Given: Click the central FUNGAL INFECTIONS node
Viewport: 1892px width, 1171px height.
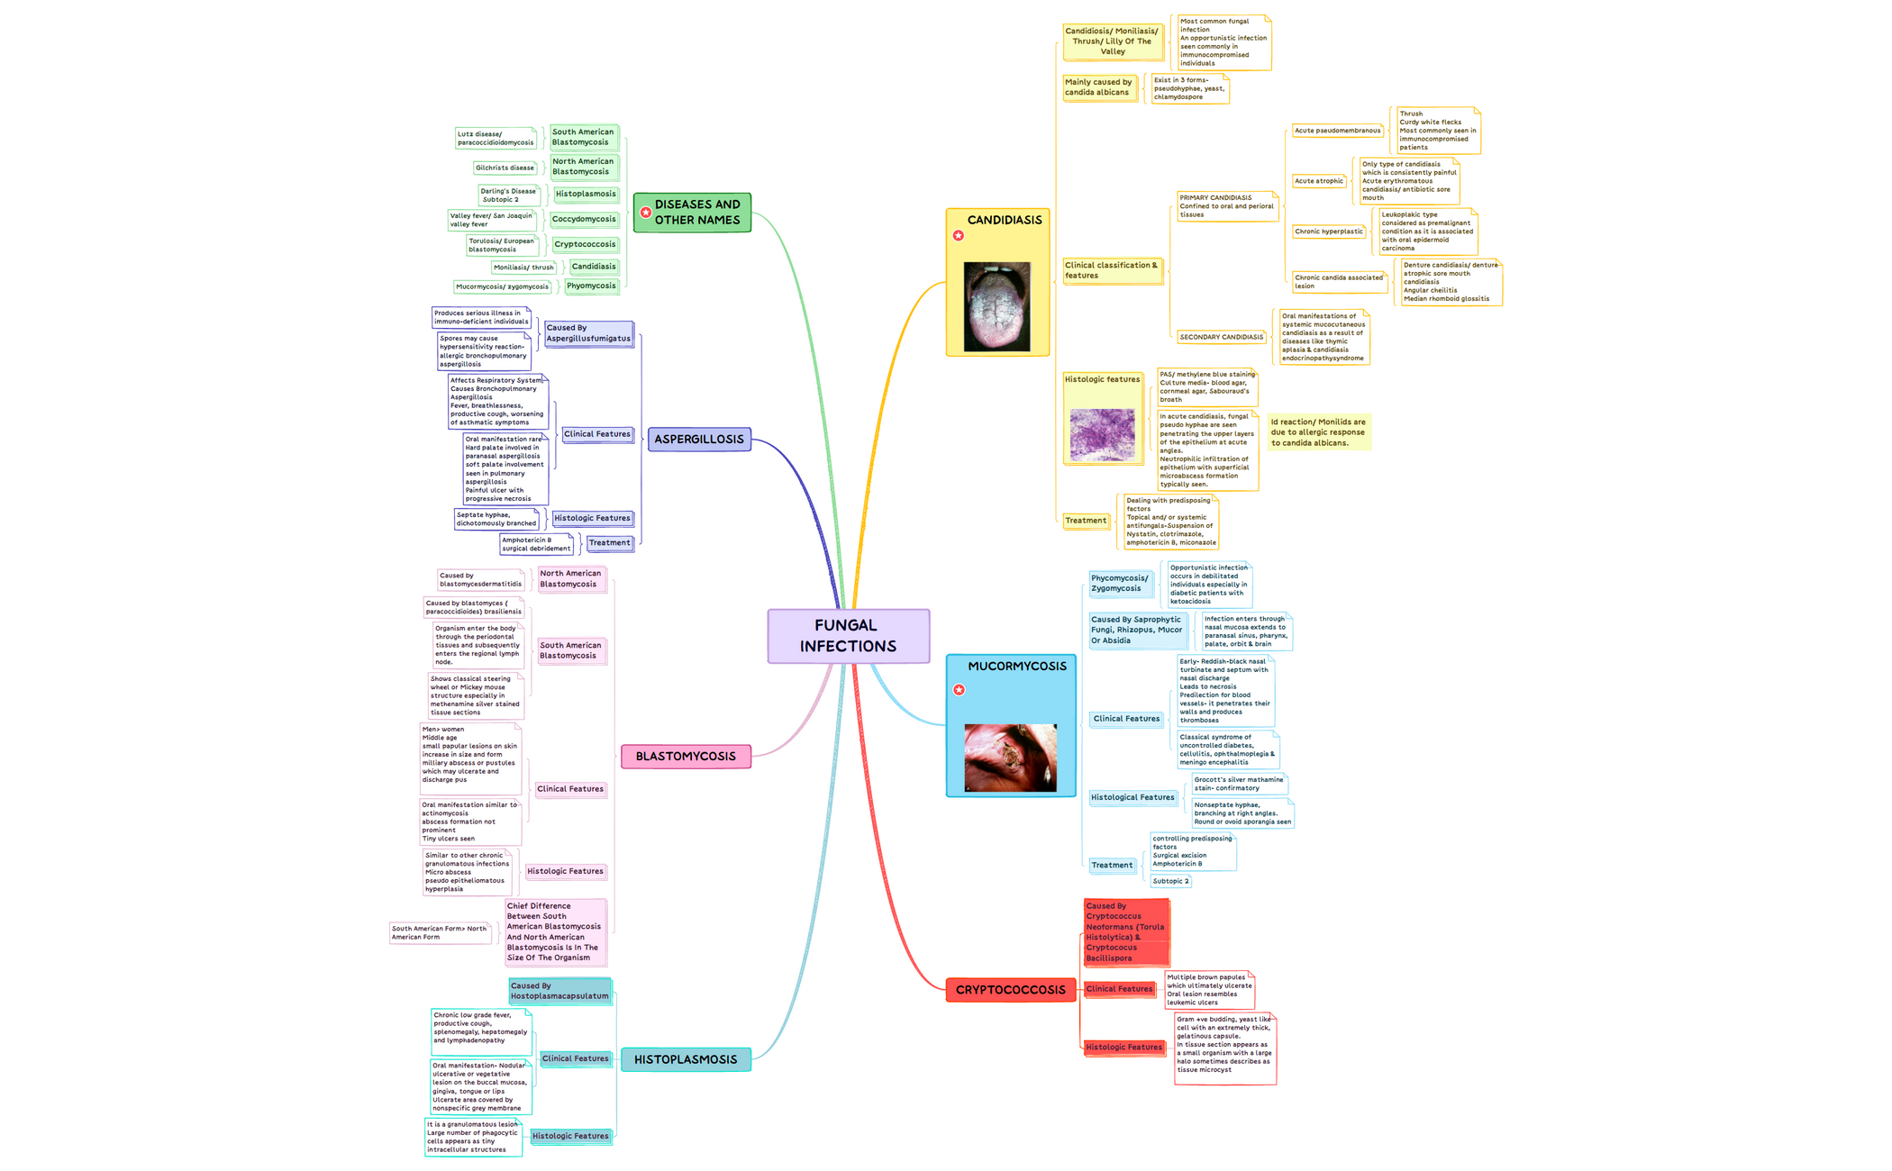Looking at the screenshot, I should point(848,636).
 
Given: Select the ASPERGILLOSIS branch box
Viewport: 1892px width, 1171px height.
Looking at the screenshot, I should point(699,440).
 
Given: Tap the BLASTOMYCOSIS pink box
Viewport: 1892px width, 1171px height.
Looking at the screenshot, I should point(686,757).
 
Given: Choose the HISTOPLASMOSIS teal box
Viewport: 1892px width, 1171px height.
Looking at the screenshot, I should point(686,1059).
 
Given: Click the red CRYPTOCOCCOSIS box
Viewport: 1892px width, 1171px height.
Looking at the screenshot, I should point(1010,990).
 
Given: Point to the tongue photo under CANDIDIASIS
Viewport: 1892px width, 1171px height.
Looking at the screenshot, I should point(996,306).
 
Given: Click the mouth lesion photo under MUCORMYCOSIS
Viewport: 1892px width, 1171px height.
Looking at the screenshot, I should point(1010,758).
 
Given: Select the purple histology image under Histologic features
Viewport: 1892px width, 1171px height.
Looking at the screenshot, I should point(1102,435).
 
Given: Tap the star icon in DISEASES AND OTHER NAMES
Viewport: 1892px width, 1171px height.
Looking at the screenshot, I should point(646,213).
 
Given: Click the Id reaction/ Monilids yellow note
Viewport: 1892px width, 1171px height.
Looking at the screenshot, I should point(1318,432).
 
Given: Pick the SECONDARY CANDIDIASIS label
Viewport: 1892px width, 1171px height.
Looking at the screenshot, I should point(1221,337).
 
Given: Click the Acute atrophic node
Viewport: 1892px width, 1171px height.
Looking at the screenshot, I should point(1319,181).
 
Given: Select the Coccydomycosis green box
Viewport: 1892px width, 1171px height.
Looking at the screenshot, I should point(584,219).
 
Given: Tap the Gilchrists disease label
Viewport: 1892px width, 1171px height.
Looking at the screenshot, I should point(505,168).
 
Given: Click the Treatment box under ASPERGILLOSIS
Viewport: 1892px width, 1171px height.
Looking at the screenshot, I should point(609,543).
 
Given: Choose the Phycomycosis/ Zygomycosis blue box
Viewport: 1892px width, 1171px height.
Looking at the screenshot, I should point(1119,584).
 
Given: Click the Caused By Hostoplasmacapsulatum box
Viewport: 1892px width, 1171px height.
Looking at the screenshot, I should point(559,991).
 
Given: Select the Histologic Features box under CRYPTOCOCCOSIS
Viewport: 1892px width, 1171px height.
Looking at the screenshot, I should point(1123,1048).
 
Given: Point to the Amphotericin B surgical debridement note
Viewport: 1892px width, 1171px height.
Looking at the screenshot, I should point(536,544).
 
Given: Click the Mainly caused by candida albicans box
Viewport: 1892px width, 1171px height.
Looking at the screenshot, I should point(1098,87).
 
